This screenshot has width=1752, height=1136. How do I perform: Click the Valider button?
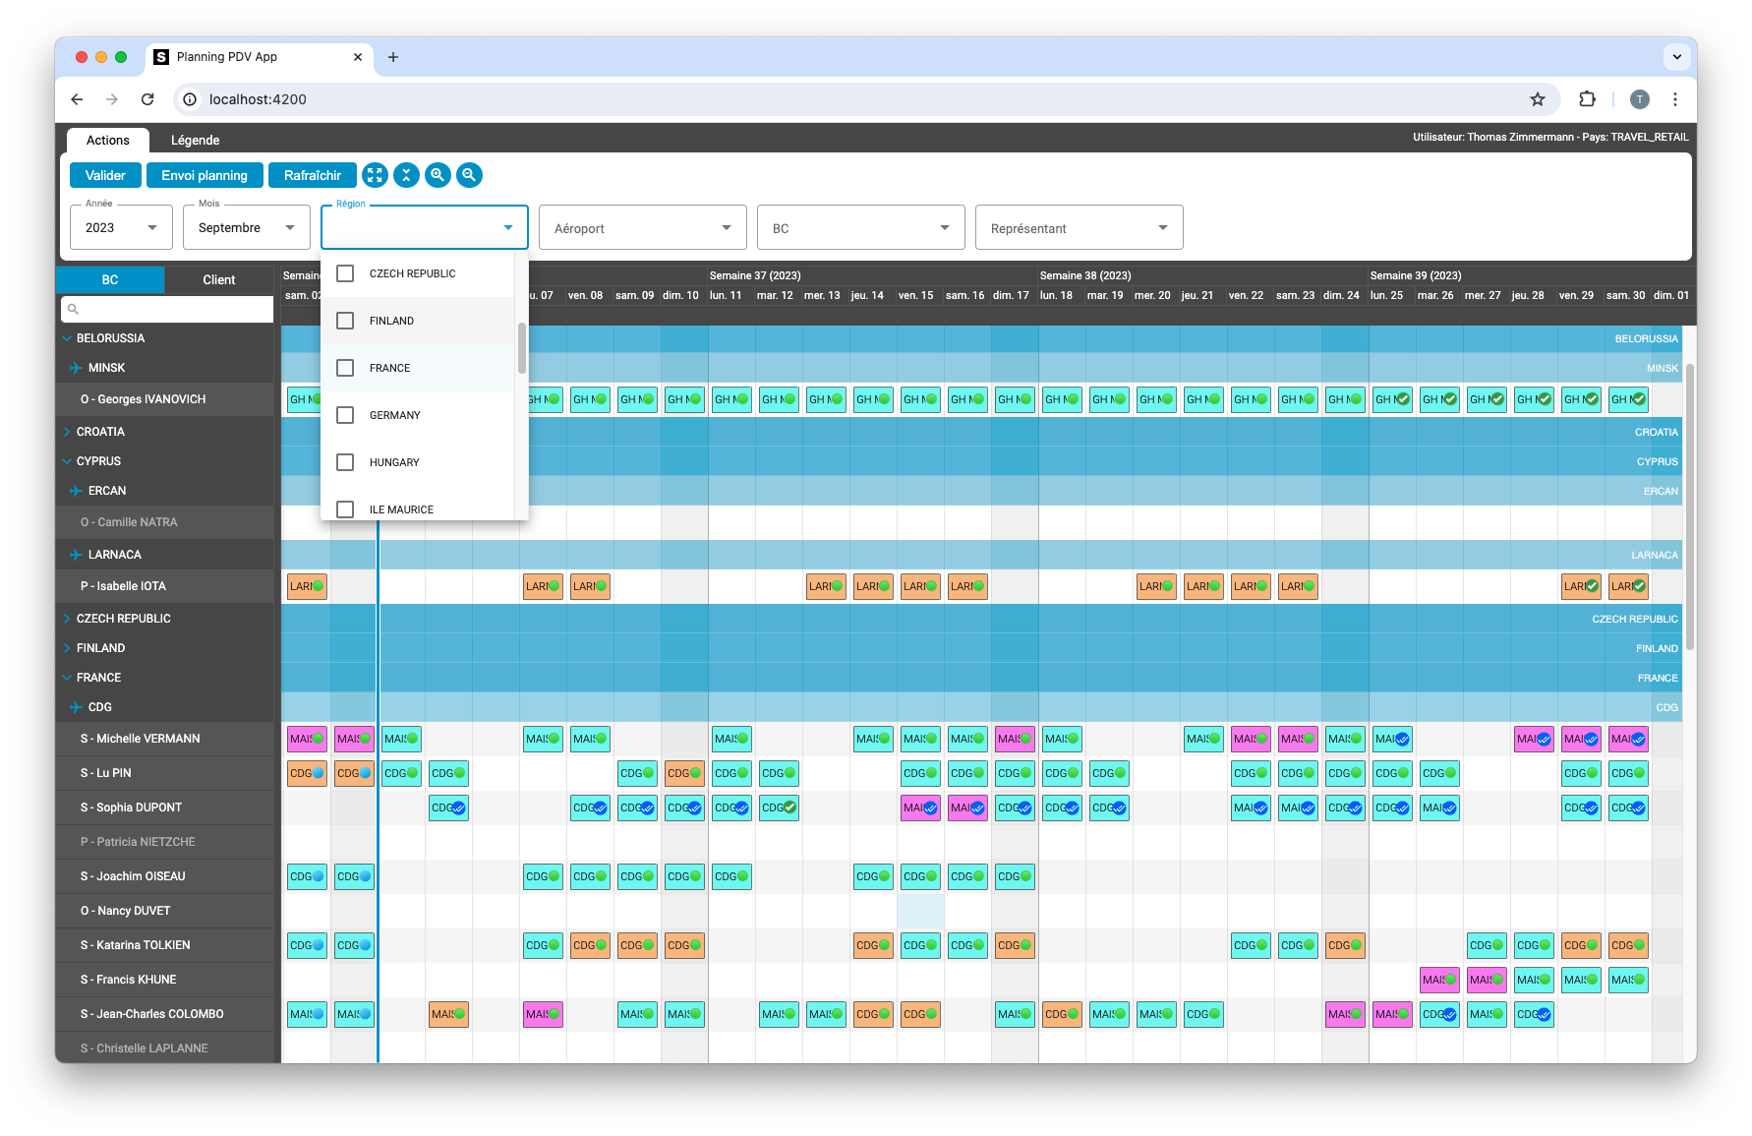[x=105, y=175]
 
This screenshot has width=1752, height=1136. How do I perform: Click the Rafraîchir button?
[x=312, y=175]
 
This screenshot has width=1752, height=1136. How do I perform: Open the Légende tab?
[x=195, y=140]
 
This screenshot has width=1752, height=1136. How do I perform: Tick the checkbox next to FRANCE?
[x=345, y=368]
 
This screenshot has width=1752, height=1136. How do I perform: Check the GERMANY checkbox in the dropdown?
[x=345, y=415]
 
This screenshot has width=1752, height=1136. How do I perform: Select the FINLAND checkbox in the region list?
[x=345, y=321]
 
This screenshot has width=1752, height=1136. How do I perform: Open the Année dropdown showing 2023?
[x=121, y=227]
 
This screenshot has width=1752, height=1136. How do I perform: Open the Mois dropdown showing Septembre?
[x=246, y=227]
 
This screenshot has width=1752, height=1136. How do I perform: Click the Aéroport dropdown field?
[x=642, y=228]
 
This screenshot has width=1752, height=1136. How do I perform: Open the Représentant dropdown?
[x=1079, y=228]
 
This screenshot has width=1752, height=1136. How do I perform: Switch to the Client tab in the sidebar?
[x=218, y=279]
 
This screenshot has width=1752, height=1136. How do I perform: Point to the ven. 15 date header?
[x=915, y=295]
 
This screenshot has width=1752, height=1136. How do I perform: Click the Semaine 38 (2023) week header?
[x=1085, y=275]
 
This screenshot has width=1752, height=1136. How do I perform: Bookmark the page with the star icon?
[x=1538, y=98]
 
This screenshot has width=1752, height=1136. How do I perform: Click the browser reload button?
[x=147, y=98]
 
